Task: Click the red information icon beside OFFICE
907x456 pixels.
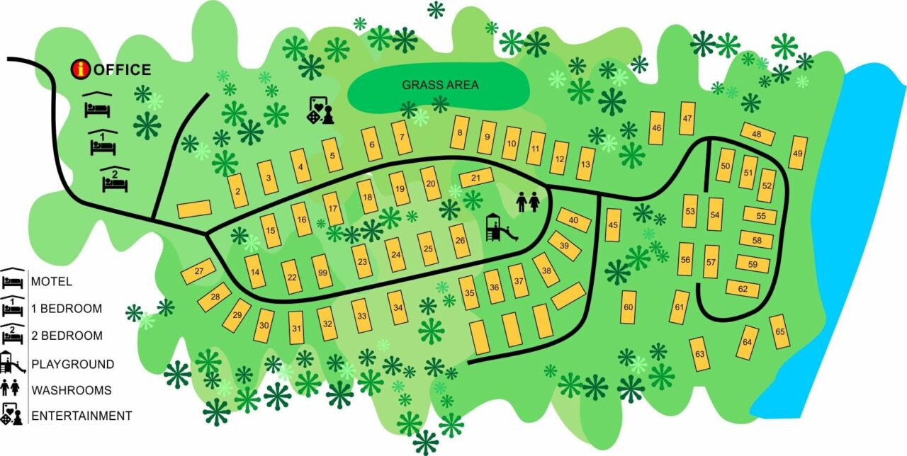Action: pos(82,69)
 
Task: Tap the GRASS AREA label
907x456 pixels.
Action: pos(440,85)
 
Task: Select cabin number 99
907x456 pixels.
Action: pos(322,272)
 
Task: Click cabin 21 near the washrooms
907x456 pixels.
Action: pos(476,178)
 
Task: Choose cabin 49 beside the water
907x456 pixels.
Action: pos(798,153)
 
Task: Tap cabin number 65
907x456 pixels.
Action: pos(780,332)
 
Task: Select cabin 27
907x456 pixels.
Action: pos(198,272)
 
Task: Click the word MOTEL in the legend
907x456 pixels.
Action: pos(52,282)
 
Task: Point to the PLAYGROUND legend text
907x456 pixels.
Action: pos(72,365)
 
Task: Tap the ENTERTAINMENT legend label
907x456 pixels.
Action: pos(81,416)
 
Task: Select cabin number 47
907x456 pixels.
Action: pos(687,118)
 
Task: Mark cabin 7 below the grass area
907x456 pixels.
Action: pos(402,138)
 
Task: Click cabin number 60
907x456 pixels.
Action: pos(629,307)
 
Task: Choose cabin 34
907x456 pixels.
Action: pos(398,307)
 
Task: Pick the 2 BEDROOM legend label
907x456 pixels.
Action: pos(67,336)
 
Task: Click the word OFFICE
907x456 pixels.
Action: pos(122,69)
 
